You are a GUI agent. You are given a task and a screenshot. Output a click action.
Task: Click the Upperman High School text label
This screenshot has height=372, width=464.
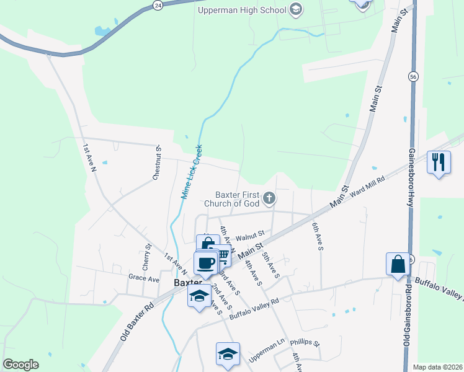coord(242,9)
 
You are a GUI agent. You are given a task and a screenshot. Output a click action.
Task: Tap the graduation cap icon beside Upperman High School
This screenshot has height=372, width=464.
coord(296,9)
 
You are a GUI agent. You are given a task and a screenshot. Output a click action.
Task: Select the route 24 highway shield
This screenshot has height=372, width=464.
coord(158,5)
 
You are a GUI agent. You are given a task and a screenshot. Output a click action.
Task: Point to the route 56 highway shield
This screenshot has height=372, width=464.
coord(413,76)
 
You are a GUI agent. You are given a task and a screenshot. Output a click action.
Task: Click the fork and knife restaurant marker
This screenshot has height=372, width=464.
coord(439,162)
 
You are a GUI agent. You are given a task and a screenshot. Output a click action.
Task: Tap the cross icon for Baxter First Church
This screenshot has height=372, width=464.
coord(269,198)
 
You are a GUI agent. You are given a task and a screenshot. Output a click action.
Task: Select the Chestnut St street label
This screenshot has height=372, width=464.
coord(158,162)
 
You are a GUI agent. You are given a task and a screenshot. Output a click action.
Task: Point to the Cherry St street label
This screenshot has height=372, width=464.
coord(147,256)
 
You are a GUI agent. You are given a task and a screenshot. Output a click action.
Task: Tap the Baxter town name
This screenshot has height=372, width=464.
coord(188,281)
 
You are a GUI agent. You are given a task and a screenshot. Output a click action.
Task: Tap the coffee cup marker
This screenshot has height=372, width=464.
coord(205,263)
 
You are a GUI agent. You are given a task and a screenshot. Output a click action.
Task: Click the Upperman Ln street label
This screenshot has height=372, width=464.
coord(266,358)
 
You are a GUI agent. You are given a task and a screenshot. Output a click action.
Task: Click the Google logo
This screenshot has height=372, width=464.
coord(20,365)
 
